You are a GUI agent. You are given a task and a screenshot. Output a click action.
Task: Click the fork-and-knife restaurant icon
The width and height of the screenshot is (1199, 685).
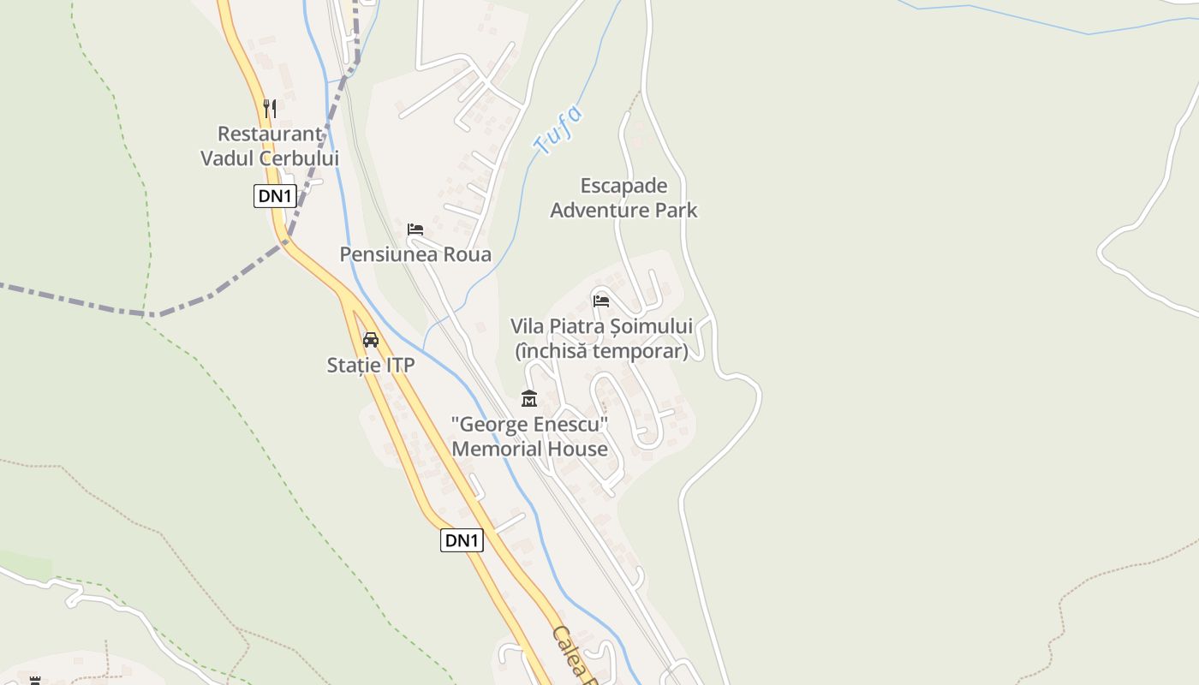coord(270,108)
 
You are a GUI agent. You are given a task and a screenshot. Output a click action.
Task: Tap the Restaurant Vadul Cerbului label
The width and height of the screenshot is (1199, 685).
coord(270,146)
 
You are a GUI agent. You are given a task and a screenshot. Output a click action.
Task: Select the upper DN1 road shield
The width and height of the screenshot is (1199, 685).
coord(275,196)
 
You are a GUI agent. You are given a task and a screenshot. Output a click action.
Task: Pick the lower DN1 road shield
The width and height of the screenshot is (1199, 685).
coord(462,540)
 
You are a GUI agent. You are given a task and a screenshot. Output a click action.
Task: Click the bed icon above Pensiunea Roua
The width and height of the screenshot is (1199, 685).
coord(415,229)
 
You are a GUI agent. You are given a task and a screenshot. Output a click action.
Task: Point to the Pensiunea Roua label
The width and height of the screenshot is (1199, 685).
coord(415,254)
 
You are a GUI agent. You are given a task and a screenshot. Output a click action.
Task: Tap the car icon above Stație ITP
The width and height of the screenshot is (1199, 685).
coord(371,340)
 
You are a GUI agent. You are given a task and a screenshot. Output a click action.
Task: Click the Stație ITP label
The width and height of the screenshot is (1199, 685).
coord(371,366)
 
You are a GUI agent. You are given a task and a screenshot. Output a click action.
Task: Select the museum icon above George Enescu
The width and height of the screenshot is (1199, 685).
coord(529,399)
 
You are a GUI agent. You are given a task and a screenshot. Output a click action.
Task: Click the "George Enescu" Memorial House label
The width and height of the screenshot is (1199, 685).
coord(530,437)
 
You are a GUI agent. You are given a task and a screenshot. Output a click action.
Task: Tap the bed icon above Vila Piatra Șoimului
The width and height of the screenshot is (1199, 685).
coord(601,301)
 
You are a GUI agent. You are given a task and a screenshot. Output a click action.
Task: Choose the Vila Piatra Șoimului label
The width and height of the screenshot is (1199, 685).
coord(601,326)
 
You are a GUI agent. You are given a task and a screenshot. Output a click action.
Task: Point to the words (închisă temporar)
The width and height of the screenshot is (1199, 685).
coord(601,351)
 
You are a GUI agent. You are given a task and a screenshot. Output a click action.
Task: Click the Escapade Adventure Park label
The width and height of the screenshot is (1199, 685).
coord(623,198)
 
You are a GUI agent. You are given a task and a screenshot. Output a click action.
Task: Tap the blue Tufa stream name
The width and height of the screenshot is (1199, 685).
coord(558,129)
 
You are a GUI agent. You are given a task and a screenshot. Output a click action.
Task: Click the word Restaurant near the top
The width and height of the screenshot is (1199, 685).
coord(270,134)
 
